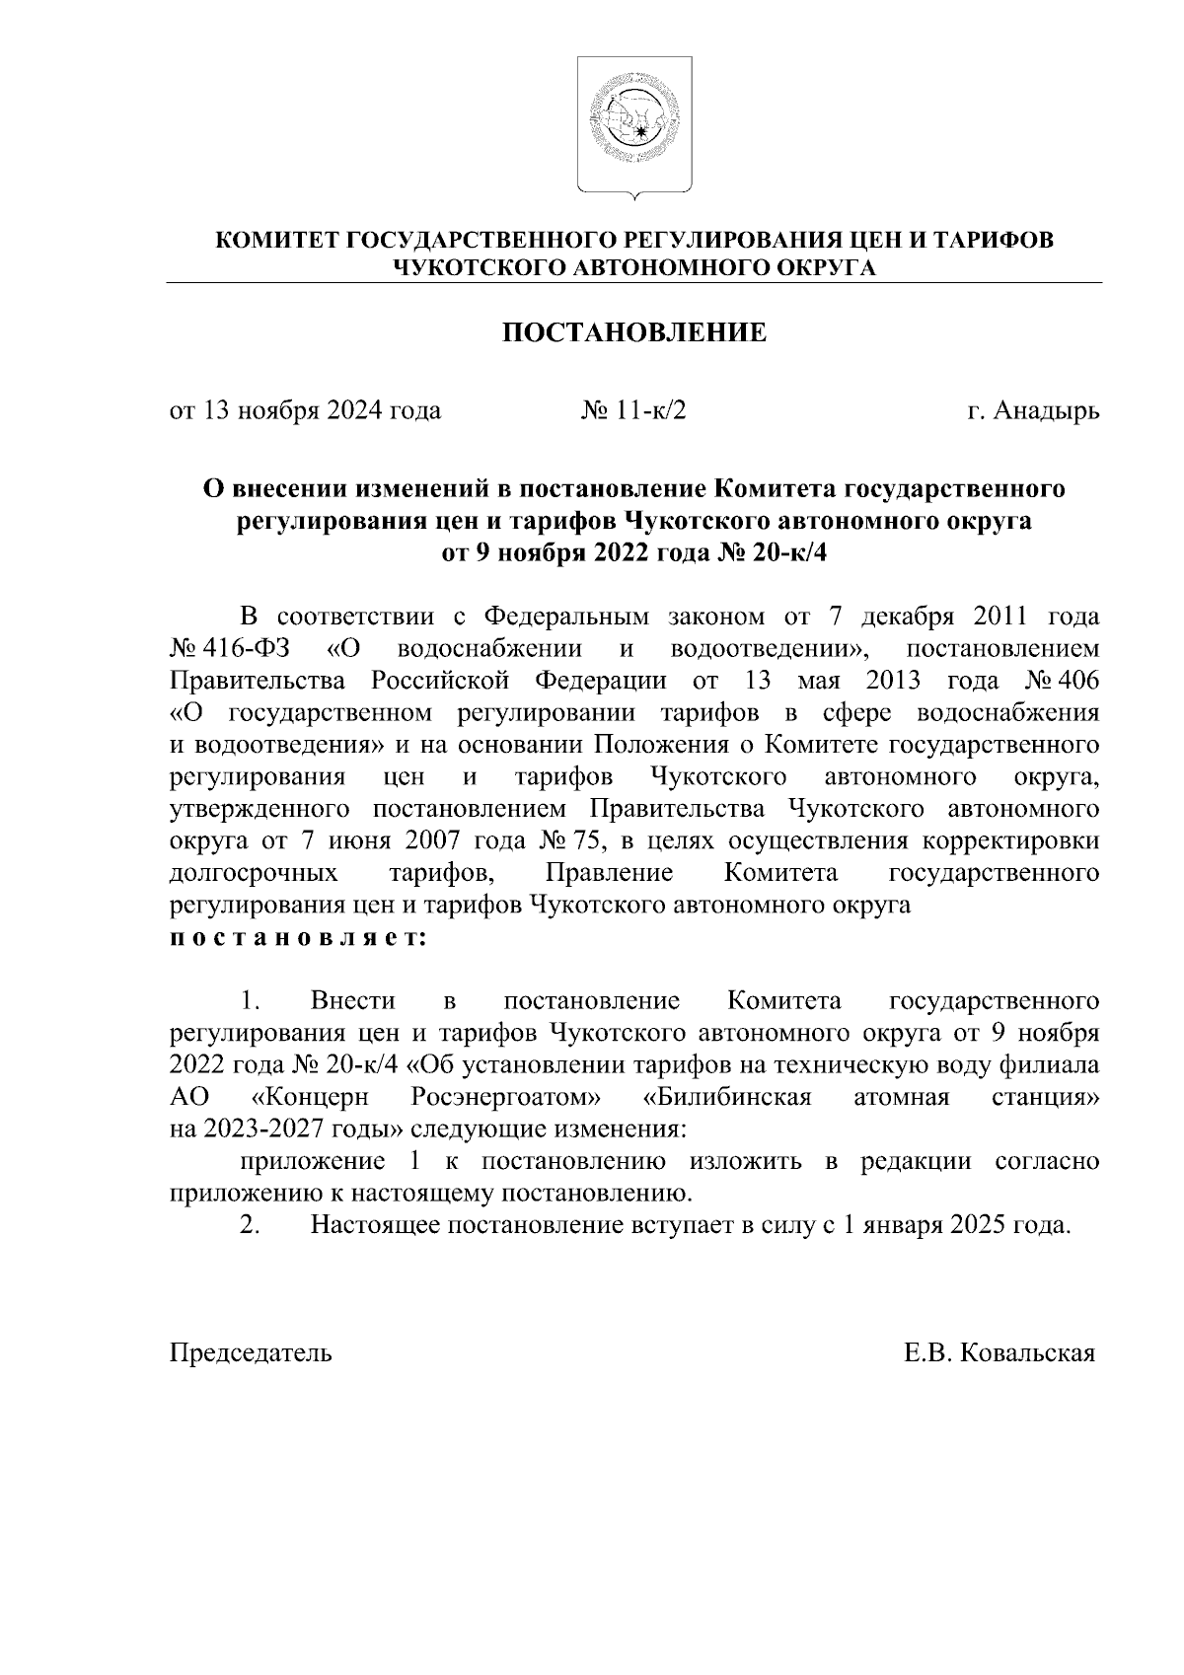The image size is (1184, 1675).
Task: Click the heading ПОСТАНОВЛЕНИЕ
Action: tap(634, 332)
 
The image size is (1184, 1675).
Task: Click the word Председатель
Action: tap(252, 1352)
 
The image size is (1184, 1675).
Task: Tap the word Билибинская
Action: tap(726, 1098)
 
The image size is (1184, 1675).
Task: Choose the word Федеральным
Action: tap(566, 619)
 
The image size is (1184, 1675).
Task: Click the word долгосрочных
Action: tap(255, 874)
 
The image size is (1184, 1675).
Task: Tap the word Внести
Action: tap(352, 1002)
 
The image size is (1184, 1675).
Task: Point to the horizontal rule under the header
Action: tap(634, 283)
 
